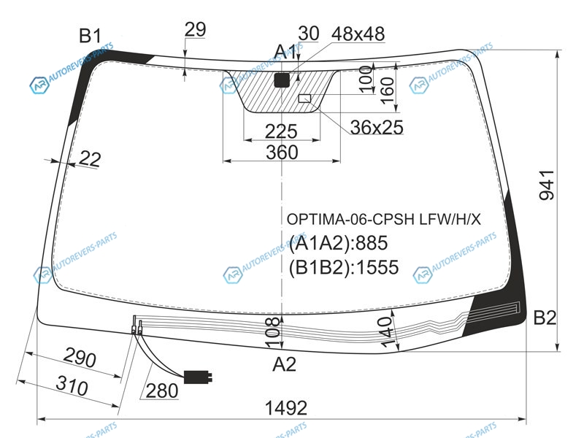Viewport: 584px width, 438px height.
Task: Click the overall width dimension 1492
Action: (285, 408)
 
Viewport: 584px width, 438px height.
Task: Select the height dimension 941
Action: (547, 185)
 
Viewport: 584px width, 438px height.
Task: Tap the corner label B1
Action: (90, 36)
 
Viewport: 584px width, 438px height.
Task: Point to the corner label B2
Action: (545, 318)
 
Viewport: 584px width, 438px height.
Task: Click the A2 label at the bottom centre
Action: (284, 364)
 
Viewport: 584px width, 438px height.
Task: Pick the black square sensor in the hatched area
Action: (282, 80)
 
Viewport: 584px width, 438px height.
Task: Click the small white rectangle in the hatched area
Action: (304, 99)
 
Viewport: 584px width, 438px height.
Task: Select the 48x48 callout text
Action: (358, 34)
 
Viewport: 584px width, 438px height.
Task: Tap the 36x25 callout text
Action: (377, 127)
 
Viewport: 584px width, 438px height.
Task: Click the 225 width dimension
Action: (281, 131)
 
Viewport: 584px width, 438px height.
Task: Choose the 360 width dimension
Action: (282, 153)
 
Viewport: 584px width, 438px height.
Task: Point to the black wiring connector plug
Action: (198, 377)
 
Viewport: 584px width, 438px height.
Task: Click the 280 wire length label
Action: (162, 391)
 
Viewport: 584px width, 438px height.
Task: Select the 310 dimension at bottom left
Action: (72, 385)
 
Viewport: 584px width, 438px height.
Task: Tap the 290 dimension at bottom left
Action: (80, 357)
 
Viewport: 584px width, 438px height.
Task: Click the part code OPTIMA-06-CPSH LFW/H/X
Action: (384, 220)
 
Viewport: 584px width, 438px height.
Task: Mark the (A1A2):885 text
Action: (338, 243)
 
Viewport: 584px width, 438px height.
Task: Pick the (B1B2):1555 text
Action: (344, 267)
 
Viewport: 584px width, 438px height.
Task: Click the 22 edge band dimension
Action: (89, 159)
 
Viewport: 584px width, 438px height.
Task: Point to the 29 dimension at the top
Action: (195, 29)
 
